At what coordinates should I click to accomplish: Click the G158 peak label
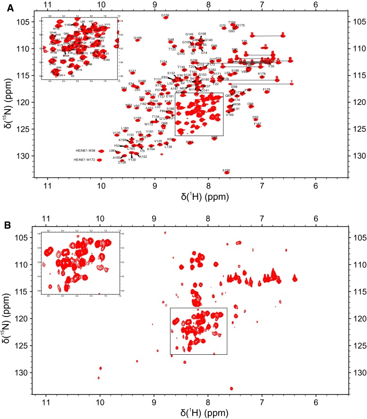[x=165, y=16]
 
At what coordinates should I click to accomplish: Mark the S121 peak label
[x=132, y=71]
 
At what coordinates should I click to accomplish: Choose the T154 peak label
[x=163, y=62]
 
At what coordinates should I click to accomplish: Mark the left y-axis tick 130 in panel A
[x=24, y=155]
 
